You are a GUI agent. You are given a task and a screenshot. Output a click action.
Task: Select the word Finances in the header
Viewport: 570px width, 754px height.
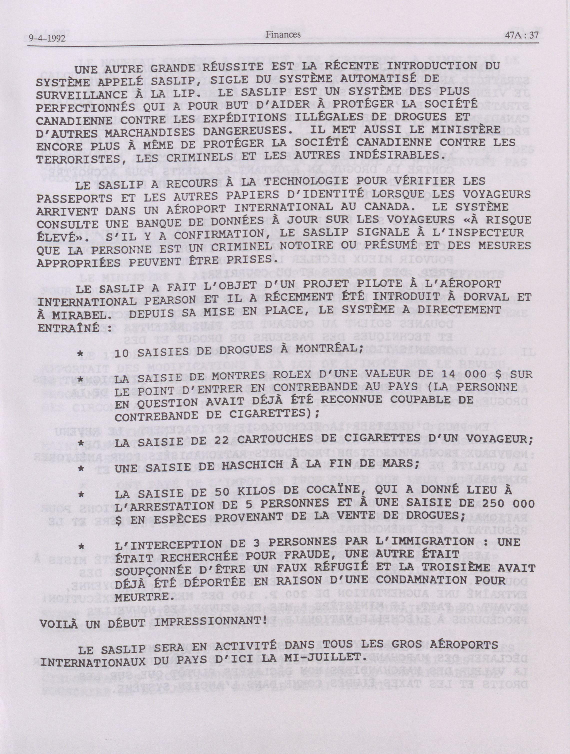pos(283,34)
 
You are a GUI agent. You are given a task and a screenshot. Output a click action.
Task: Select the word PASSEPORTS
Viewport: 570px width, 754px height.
pos(74,198)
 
